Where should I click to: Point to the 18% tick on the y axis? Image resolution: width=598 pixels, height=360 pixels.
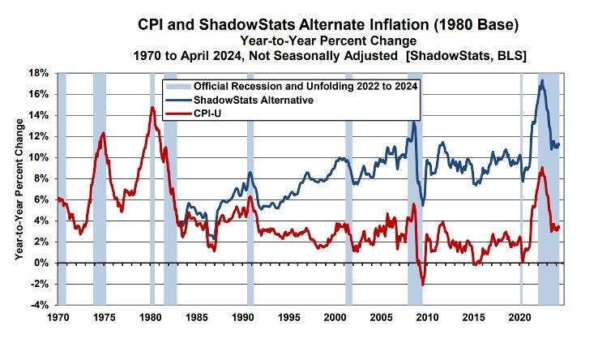(x=41, y=73)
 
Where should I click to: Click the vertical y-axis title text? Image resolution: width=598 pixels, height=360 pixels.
(x=18, y=189)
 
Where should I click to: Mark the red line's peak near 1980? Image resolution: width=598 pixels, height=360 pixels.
(x=152, y=107)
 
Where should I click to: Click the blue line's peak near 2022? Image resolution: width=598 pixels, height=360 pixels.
(x=541, y=80)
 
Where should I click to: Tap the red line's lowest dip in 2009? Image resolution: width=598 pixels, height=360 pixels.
(x=422, y=285)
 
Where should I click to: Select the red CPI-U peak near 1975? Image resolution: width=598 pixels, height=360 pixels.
(x=103, y=133)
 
